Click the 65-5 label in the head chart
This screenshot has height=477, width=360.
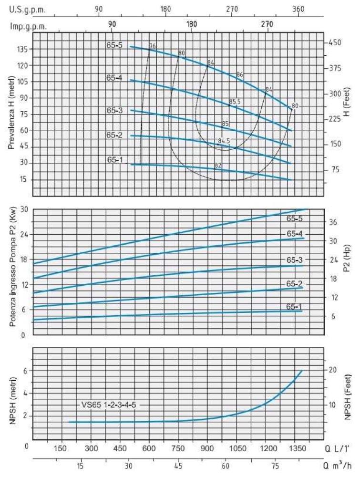tap(114, 45)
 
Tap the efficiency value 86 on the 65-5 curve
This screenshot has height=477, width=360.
tap(240, 74)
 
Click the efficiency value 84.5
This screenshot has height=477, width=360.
tap(224, 141)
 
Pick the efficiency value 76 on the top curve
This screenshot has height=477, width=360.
tap(153, 46)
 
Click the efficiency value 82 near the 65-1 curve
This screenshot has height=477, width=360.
tap(218, 166)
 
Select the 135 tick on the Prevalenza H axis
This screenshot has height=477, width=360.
tap(22, 49)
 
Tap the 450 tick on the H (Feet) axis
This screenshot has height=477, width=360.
tap(334, 43)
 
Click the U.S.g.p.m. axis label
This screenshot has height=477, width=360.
tap(28, 9)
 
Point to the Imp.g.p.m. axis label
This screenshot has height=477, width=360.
tap(29, 26)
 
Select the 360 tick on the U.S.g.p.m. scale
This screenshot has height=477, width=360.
tap(298, 9)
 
